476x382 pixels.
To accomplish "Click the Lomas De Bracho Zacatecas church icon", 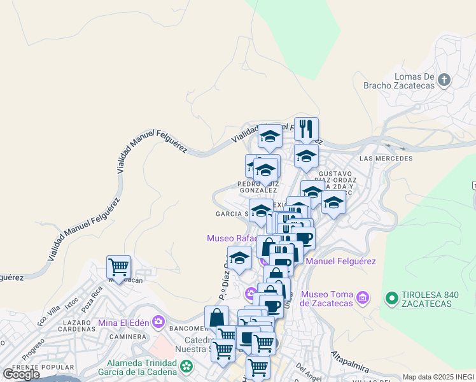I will tap(444, 80).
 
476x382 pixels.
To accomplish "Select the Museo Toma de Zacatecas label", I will tap(327, 298).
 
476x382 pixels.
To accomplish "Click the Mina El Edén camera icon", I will tap(158, 322).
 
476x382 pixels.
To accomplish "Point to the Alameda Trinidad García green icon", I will tap(186, 366).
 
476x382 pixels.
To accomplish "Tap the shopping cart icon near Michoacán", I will tap(118, 267).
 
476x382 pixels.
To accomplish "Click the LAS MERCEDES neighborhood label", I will tap(386, 159).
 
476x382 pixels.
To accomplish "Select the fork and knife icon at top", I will tap(306, 129).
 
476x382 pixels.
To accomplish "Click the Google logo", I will tap(22, 374).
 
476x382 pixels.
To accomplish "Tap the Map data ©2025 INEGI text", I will tap(438, 377).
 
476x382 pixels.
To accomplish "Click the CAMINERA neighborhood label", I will tap(128, 336).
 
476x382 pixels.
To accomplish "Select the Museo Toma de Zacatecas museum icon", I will tap(363, 297).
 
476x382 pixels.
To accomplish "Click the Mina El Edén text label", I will tap(124, 322).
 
